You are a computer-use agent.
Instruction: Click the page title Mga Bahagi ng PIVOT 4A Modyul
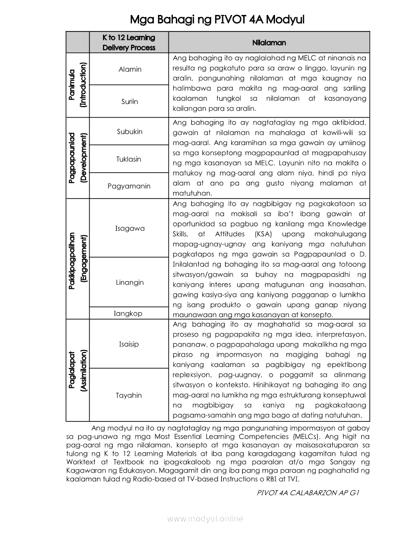[x=217, y=19]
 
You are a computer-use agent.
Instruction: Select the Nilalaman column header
[x=269, y=43]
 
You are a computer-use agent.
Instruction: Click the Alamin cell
[x=130, y=69]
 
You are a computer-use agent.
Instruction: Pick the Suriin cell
[x=130, y=101]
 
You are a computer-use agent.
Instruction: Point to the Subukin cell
[x=130, y=132]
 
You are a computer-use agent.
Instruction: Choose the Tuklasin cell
[x=129, y=159]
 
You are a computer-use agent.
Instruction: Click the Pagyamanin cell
[x=129, y=186]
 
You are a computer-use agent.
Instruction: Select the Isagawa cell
[x=130, y=228]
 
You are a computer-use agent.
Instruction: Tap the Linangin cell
[x=130, y=282]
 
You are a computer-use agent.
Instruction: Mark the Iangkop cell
[x=128, y=314]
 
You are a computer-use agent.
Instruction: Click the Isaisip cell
[x=129, y=344]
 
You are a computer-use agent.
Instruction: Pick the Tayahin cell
[x=129, y=395]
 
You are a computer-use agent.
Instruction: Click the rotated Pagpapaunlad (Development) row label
[x=78, y=158]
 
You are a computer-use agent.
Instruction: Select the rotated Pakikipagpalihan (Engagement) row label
[x=78, y=259]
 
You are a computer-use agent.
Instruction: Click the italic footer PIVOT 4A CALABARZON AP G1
[x=308, y=492]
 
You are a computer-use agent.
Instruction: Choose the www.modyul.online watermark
[x=205, y=519]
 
